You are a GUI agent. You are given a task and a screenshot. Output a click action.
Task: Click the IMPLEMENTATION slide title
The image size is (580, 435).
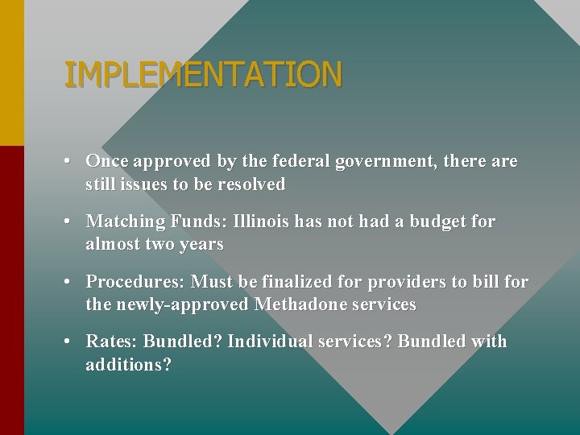click(x=203, y=75)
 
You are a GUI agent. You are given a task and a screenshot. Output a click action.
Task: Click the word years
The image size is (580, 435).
click(x=201, y=245)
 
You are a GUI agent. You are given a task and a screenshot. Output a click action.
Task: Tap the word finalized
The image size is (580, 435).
click(x=295, y=282)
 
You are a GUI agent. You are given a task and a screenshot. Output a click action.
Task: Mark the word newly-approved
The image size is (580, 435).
click(x=184, y=305)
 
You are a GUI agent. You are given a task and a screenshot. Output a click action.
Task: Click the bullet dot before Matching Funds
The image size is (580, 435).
click(x=71, y=222)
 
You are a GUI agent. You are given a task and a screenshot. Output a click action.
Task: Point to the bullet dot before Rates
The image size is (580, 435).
click(x=71, y=342)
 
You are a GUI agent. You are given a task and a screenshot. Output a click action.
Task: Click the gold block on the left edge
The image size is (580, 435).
click(x=11, y=72)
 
